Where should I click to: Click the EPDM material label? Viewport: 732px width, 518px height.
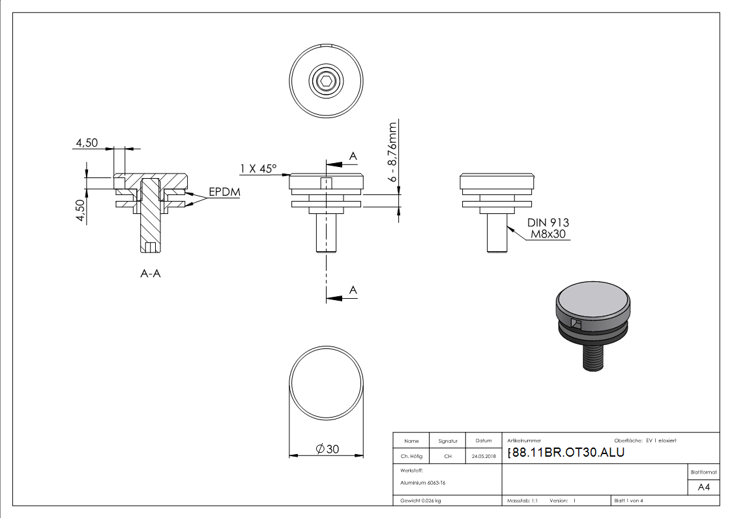[x=224, y=192]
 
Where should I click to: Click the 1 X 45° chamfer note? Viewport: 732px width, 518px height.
[x=258, y=169]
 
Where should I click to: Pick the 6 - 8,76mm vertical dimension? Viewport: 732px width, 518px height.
[x=392, y=151]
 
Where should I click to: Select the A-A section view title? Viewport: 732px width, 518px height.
[x=151, y=274]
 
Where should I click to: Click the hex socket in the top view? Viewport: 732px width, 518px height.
[x=326, y=82]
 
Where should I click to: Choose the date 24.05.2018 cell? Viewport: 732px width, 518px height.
[x=483, y=457]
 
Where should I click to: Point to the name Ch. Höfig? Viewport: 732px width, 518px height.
[x=411, y=457]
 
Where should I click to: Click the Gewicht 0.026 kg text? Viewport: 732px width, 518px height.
[x=420, y=500]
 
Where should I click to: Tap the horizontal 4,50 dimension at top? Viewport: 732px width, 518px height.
[x=87, y=143]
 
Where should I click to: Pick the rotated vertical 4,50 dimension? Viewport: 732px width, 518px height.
[x=81, y=211]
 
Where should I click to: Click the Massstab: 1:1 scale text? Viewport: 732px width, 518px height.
[x=522, y=500]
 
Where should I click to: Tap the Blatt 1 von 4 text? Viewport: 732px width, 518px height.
[x=629, y=500]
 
